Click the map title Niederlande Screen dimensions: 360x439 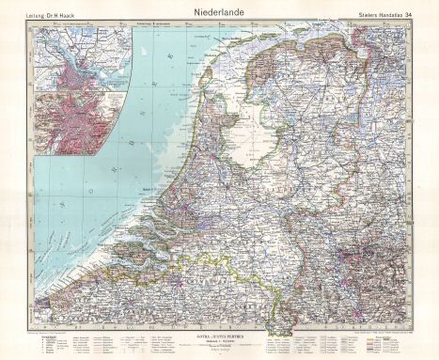pos(218,13)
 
